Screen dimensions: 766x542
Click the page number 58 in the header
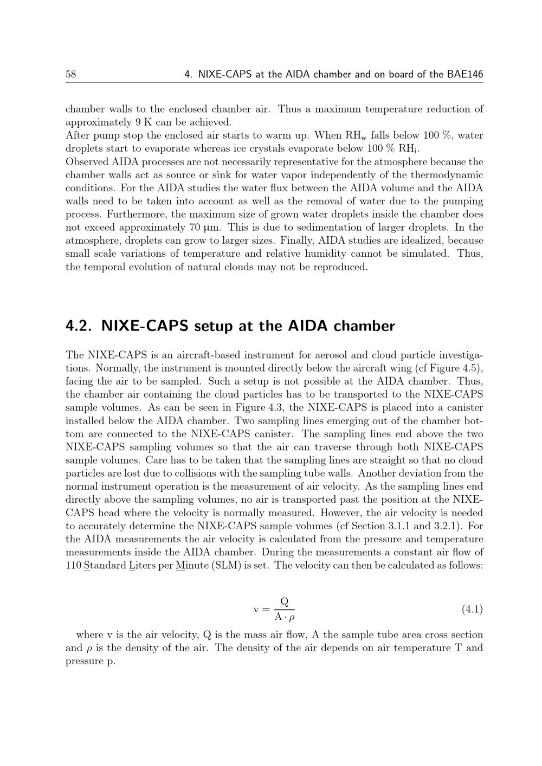pyautogui.click(x=70, y=75)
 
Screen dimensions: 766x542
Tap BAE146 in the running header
pyautogui.click(x=465, y=75)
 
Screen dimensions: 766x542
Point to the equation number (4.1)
pyautogui.click(x=472, y=609)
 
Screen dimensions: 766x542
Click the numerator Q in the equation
pyautogui.click(x=284, y=602)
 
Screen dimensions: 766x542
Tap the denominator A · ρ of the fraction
pyautogui.click(x=284, y=617)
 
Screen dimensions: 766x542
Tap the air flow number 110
pyautogui.click(x=73, y=566)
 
